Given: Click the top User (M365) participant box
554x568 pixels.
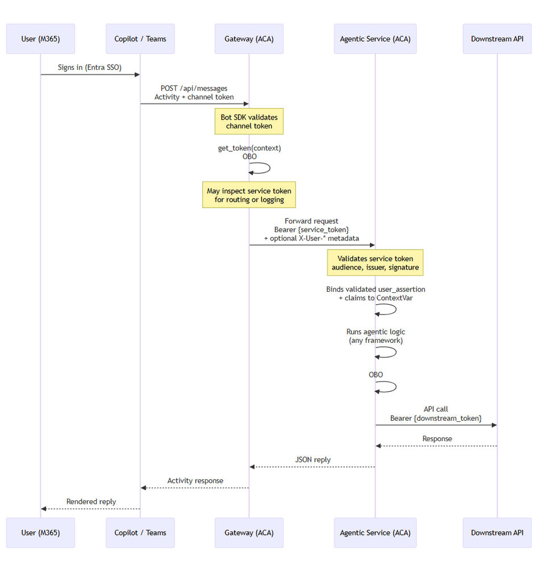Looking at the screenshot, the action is tap(40, 39).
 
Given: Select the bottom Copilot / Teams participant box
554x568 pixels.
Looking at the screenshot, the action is tap(140, 533).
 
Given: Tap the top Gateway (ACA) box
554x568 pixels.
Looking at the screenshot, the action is tap(249, 39).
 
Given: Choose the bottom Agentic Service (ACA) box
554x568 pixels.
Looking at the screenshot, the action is tap(375, 533).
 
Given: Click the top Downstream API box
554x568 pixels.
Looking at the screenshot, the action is tap(497, 39).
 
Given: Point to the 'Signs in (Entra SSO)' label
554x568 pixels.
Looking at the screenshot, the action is tap(90, 68).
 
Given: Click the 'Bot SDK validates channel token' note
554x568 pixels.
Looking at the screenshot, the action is tap(249, 121).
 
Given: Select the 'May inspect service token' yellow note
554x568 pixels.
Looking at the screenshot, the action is tap(249, 195).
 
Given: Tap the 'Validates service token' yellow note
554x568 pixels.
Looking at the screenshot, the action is tap(375, 263).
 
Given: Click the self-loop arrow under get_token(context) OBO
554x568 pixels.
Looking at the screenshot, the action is tap(270, 168).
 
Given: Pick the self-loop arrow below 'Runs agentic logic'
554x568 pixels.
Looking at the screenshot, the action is tap(396, 352).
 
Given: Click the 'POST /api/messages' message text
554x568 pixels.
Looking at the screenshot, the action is tap(194, 88).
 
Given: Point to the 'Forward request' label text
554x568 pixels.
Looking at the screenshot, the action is tap(311, 221).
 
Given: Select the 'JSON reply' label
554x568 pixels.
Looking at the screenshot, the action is tap(313, 460).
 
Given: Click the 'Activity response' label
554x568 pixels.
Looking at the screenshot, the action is tap(195, 480).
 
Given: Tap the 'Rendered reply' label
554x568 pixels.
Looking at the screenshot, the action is tap(91, 501).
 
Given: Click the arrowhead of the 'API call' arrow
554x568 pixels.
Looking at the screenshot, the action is tap(494, 425).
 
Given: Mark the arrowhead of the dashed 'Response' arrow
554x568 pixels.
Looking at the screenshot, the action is tap(378, 446).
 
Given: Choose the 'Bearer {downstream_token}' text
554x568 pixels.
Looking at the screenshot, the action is tap(436, 418).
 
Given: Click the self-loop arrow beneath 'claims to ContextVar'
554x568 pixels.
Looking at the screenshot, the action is tap(396, 309).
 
